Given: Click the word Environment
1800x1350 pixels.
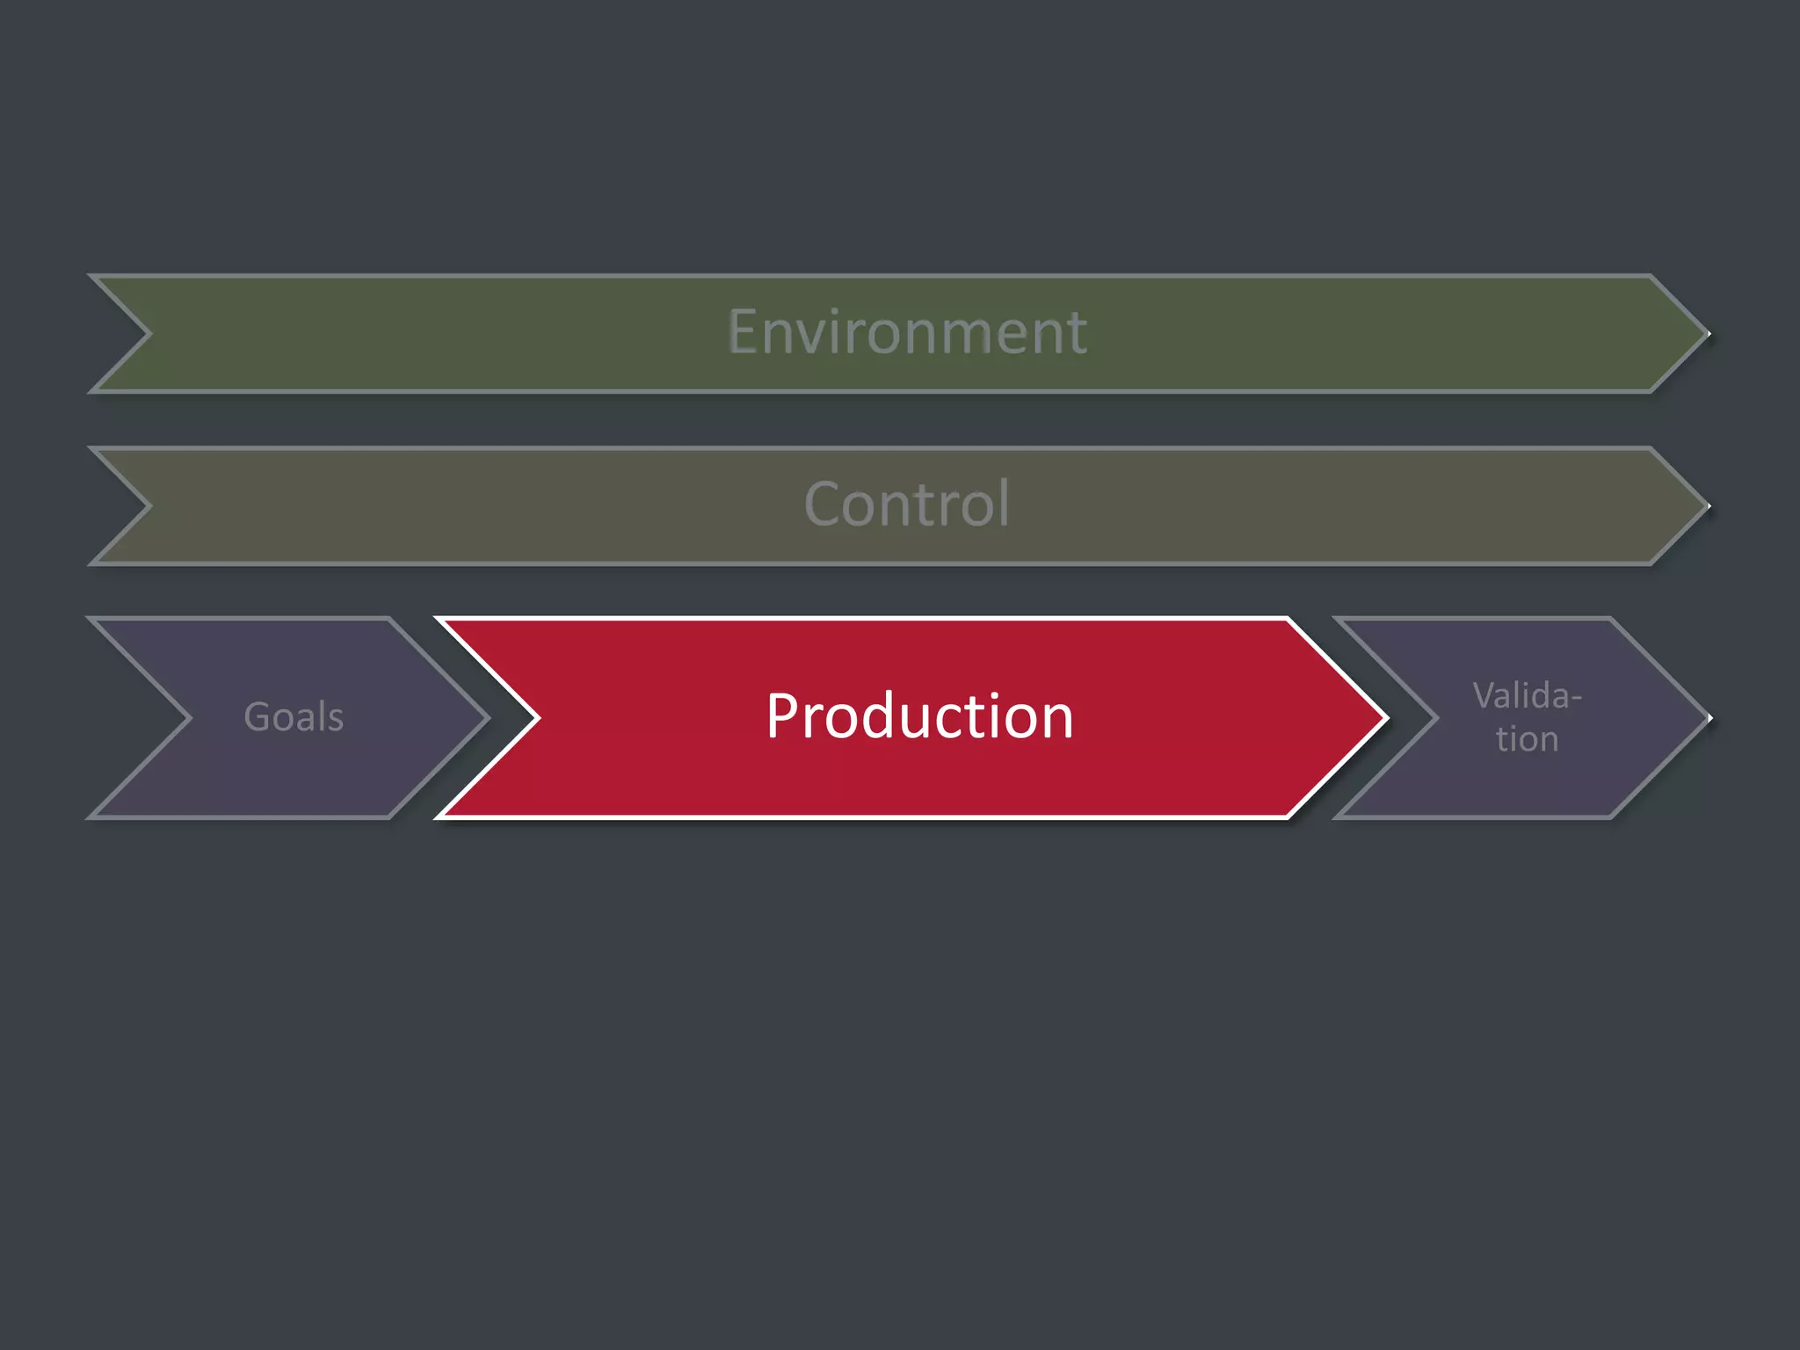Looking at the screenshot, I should [907, 332].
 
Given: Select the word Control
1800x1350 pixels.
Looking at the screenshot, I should [907, 504].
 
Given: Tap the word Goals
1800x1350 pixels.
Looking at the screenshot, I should [294, 717].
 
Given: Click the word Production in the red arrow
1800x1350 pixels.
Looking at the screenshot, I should [919, 716].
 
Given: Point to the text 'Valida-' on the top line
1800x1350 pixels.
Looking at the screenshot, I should [1528, 696].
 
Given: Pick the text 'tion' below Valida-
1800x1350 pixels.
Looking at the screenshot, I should [1528, 739].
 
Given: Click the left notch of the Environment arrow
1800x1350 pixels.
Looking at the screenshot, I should [149, 334].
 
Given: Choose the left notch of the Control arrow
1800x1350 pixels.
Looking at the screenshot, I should [149, 506].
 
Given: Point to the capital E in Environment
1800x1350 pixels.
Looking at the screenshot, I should [743, 332].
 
